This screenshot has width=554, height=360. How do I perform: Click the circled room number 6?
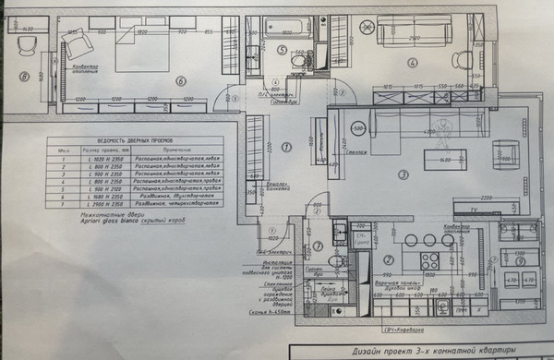tap(181, 79)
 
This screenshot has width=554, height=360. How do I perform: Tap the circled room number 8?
tap(25, 77)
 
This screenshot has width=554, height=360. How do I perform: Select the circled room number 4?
tap(415, 63)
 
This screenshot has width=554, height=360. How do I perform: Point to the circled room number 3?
tap(402, 174)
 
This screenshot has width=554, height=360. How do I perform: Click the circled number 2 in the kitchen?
tap(389, 259)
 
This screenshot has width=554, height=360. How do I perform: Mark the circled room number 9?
tap(523, 260)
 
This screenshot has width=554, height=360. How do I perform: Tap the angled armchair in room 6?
tap(73, 42)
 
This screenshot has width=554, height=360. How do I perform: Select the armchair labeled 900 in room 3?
tap(507, 153)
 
